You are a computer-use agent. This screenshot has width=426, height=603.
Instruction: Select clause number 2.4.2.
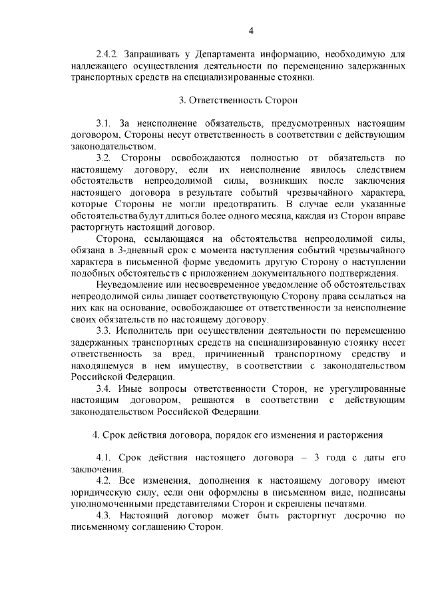107,54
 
